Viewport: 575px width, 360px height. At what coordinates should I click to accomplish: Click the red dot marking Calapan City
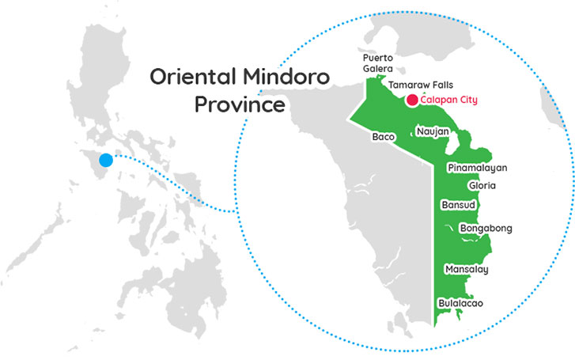click(412, 100)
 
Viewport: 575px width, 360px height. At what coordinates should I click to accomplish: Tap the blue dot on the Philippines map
click(105, 161)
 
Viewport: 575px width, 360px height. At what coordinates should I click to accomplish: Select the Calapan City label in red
click(449, 100)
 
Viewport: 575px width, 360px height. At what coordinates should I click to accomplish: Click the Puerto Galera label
click(378, 63)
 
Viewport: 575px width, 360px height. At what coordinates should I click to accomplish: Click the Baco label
click(383, 137)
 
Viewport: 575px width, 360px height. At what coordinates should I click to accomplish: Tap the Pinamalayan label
click(476, 168)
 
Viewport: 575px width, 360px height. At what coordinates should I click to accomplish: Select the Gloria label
click(482, 185)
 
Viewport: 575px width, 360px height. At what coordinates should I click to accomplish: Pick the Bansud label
click(457, 205)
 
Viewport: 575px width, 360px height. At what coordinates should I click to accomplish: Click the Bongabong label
click(486, 229)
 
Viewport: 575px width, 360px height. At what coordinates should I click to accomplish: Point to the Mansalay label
click(467, 270)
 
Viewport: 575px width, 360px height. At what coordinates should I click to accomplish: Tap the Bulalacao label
click(460, 303)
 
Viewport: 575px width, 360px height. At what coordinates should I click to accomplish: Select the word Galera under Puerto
click(378, 69)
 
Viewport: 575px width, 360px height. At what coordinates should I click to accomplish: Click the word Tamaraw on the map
click(407, 83)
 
